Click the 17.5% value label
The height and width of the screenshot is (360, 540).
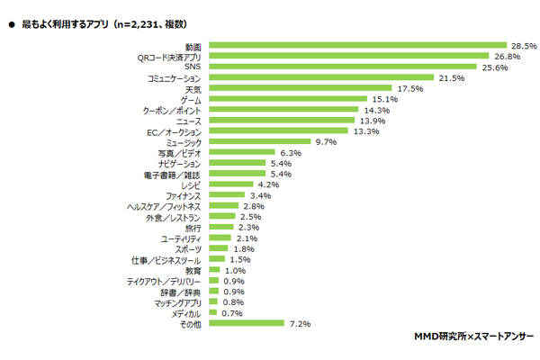[x=410, y=88]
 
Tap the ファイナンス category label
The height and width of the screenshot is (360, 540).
[x=184, y=195]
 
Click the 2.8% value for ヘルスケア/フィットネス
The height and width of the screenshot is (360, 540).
[x=256, y=206]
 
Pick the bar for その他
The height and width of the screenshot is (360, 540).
[x=246, y=323]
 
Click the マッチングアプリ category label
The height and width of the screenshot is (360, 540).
[x=178, y=301]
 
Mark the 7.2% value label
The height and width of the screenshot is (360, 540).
[x=301, y=323]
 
